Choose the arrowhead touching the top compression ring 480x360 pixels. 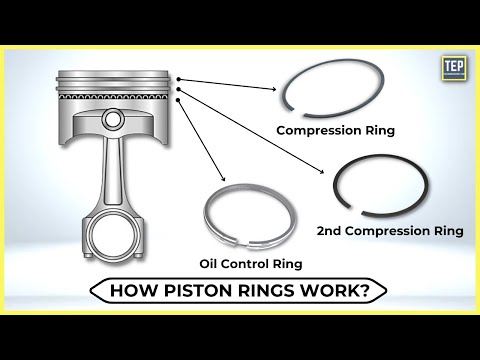tap(276, 88)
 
